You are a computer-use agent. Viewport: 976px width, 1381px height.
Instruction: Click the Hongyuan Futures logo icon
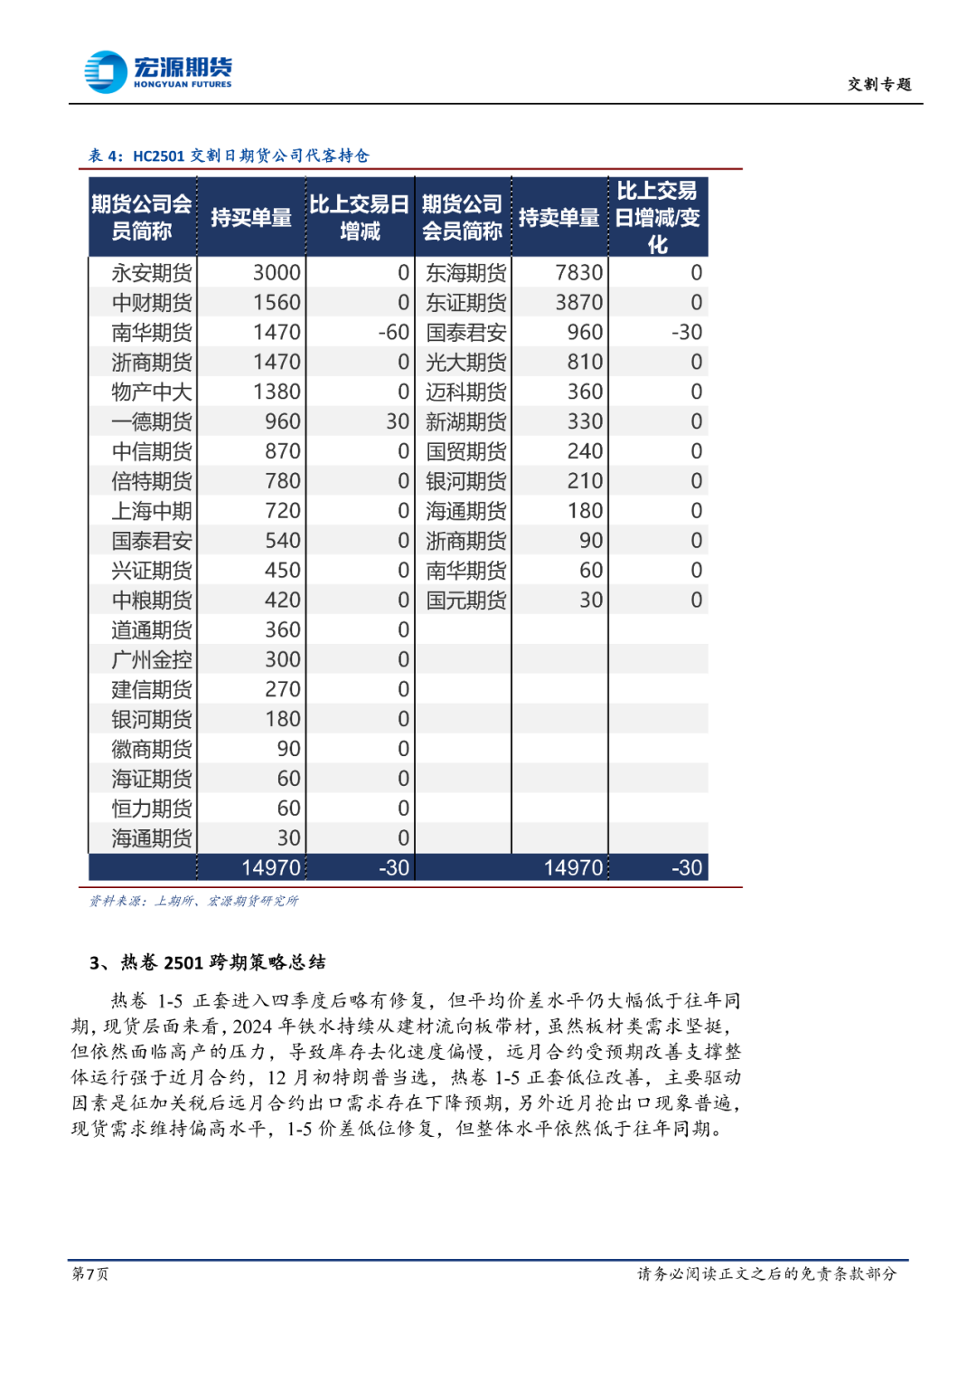pos(105,71)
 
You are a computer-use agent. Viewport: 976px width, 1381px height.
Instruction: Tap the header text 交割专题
pos(878,84)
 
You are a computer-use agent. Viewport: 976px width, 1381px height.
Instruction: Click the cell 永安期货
pos(151,273)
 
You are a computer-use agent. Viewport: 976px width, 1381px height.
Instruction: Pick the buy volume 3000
pos(276,273)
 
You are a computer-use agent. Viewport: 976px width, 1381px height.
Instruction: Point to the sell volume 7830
pos(578,273)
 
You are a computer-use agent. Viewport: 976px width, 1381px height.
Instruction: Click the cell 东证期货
pos(465,303)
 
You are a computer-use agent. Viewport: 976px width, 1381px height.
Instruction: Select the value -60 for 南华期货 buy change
pos(393,333)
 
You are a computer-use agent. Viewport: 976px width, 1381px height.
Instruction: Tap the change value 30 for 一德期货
pos(398,421)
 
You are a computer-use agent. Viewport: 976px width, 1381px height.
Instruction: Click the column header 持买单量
pos(251,218)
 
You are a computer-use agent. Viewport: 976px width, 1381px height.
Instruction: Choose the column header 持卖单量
pos(558,218)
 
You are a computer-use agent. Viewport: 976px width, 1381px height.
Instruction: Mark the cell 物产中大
pos(151,393)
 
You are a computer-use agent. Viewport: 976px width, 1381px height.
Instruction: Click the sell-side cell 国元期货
pos(465,601)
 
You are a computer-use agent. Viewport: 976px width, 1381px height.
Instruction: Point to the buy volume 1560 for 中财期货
pos(276,303)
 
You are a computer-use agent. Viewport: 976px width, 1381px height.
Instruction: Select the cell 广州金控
pos(151,660)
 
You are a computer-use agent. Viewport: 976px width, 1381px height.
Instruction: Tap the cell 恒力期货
pos(151,809)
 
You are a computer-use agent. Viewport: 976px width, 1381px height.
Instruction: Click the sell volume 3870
pos(578,303)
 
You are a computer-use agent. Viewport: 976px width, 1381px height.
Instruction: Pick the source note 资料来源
pos(193,901)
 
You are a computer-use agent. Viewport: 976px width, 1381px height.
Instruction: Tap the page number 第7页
pos(90,1273)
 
